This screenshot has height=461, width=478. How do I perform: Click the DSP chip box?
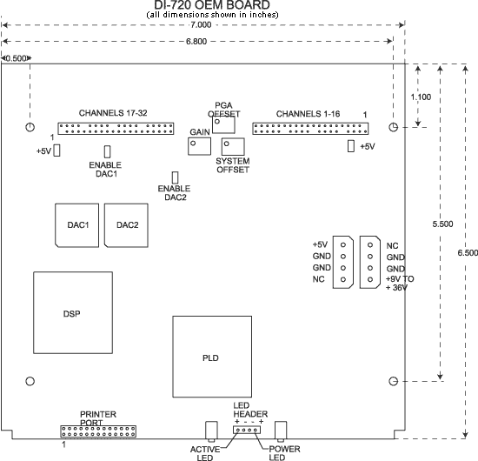(x=73, y=313)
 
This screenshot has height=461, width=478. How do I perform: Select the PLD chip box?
(x=212, y=357)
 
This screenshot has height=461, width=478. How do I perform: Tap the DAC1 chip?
(x=76, y=225)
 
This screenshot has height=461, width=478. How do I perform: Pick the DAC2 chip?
(x=126, y=225)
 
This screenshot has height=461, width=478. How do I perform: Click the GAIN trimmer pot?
(x=199, y=146)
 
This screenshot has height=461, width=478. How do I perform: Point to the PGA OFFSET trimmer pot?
(x=223, y=124)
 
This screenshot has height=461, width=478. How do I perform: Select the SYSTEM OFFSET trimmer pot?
(x=233, y=146)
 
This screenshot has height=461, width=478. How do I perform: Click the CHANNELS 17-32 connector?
(x=116, y=129)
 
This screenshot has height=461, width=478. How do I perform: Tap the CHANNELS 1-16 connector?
(x=310, y=129)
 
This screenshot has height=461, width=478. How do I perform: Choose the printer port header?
(x=98, y=431)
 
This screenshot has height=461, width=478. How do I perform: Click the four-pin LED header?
(x=247, y=430)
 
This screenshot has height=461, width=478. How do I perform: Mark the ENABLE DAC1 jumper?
(x=107, y=151)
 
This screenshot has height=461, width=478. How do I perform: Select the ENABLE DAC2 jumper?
(x=175, y=177)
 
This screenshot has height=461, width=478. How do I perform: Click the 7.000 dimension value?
(x=201, y=24)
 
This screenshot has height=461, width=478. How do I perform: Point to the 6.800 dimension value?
(x=196, y=41)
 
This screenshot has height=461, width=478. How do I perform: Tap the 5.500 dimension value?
(x=442, y=224)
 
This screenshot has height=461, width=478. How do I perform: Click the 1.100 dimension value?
(x=421, y=97)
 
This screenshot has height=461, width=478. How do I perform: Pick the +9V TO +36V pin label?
(x=400, y=284)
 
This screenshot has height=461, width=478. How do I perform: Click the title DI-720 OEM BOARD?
(x=212, y=5)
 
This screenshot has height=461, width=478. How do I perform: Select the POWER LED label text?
(x=284, y=453)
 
